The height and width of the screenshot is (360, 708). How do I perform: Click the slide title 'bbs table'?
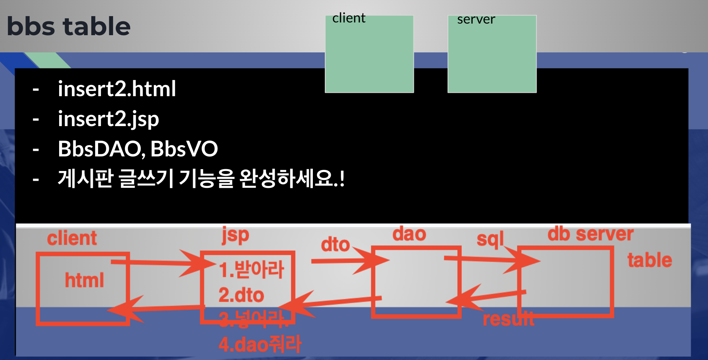click(x=68, y=27)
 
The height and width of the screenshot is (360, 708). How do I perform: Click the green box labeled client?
click(x=369, y=54)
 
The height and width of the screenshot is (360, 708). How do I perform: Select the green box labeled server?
click(x=492, y=54)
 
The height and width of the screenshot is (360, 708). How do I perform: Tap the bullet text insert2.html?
click(x=117, y=89)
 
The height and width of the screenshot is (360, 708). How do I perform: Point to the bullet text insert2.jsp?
click(x=108, y=119)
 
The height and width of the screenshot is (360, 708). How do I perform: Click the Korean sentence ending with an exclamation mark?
click(x=201, y=179)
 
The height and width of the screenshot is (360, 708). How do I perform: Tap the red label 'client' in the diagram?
click(x=72, y=238)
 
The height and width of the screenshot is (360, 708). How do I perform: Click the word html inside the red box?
click(x=84, y=280)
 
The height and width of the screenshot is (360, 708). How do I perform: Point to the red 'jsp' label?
click(x=235, y=235)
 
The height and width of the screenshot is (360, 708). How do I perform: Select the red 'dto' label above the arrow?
click(x=335, y=245)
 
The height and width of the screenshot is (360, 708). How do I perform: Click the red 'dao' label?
click(x=409, y=234)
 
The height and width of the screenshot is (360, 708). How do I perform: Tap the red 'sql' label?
click(x=490, y=240)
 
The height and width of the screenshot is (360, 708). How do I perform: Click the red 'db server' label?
click(x=590, y=234)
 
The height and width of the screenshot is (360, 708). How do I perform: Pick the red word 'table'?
click(x=650, y=260)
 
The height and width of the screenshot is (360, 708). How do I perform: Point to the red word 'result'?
click(x=508, y=319)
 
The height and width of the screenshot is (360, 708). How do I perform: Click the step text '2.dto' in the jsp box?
click(x=241, y=295)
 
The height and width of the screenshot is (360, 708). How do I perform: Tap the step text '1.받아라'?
click(x=251, y=270)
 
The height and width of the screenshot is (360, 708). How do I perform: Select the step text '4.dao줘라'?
click(x=260, y=345)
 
